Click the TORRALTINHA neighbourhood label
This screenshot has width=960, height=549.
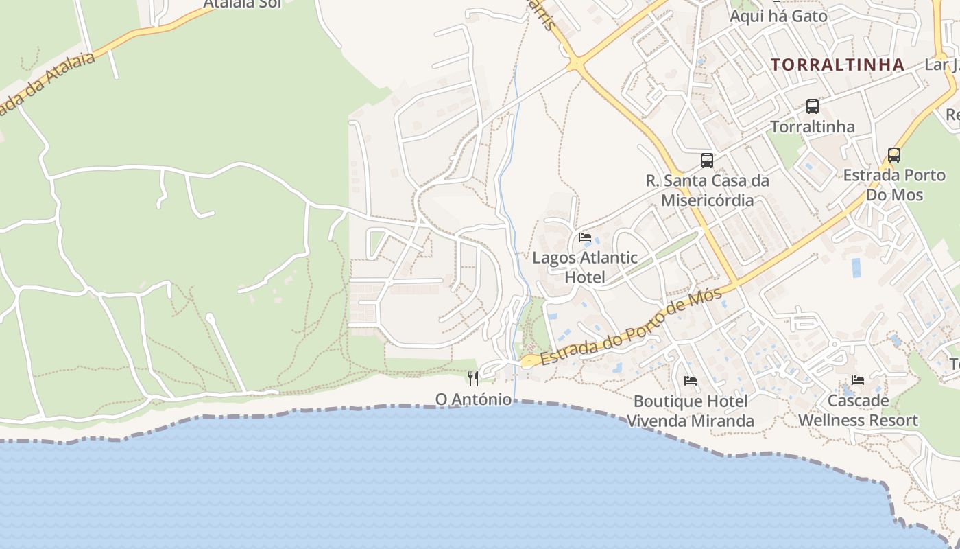pyautogui.click(x=837, y=65)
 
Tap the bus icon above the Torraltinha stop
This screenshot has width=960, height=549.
pyautogui.click(x=813, y=106)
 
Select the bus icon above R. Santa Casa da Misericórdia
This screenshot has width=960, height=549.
pyautogui.click(x=707, y=161)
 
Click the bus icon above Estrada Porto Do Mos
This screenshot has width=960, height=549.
pyautogui.click(x=894, y=155)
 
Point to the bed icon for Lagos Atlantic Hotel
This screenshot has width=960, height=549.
pyautogui.click(x=585, y=237)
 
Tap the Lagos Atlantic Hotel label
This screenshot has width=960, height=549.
pyautogui.click(x=585, y=268)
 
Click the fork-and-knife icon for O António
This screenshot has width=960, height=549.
pyautogui.click(x=473, y=378)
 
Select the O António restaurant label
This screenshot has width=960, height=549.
pyautogui.click(x=474, y=399)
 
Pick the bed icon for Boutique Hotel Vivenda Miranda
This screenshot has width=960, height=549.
pyautogui.click(x=691, y=380)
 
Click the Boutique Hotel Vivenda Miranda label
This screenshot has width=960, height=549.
pyautogui.click(x=691, y=410)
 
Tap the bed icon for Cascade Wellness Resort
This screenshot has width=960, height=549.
pyautogui.click(x=858, y=379)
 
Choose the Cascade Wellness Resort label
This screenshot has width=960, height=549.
pyautogui.click(x=858, y=410)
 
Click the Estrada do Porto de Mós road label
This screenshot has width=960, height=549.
pyautogui.click(x=631, y=327)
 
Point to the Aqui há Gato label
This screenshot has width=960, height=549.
pyautogui.click(x=778, y=16)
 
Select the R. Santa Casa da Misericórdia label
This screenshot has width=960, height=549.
pyautogui.click(x=707, y=190)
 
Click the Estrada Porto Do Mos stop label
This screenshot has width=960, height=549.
pyautogui.click(x=894, y=185)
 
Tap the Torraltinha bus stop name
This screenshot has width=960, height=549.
pyautogui.click(x=813, y=127)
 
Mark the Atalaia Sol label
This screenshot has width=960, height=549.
pyautogui.click(x=243, y=4)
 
